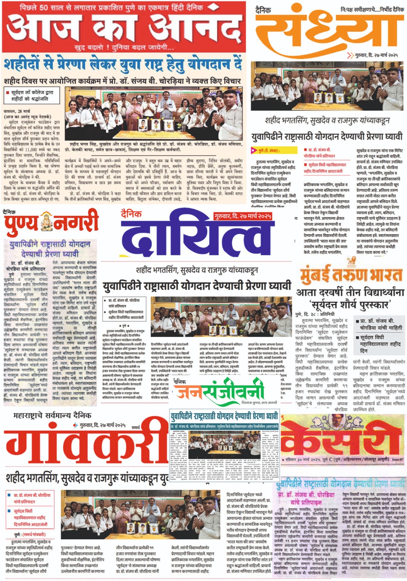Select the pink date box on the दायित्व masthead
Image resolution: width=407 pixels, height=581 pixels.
click(x=242, y=217)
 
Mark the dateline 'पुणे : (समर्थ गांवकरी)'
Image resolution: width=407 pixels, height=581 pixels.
click(x=30, y=535)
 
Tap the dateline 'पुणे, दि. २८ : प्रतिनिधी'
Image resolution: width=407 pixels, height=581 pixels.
click(x=320, y=314)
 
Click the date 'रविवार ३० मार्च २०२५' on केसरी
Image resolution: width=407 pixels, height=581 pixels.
click(x=308, y=460)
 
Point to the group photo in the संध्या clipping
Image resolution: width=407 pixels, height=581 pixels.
click(x=327, y=86)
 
